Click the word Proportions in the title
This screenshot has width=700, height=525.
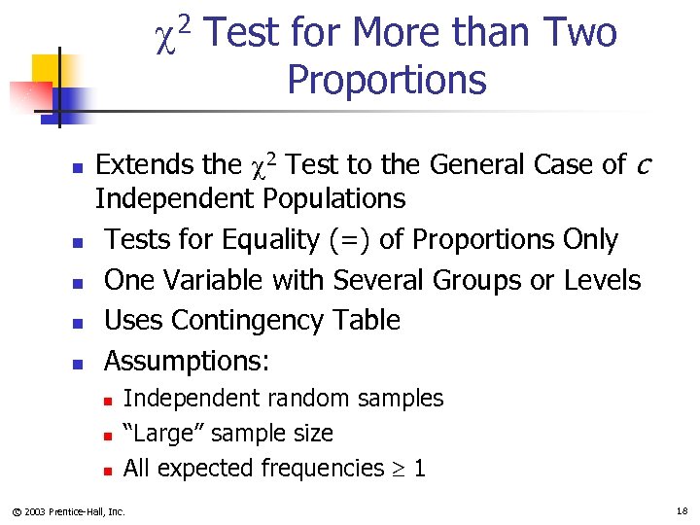[386, 79]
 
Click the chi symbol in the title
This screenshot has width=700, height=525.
[165, 36]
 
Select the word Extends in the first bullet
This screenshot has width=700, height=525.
[142, 164]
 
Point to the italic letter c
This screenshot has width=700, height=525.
[642, 166]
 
